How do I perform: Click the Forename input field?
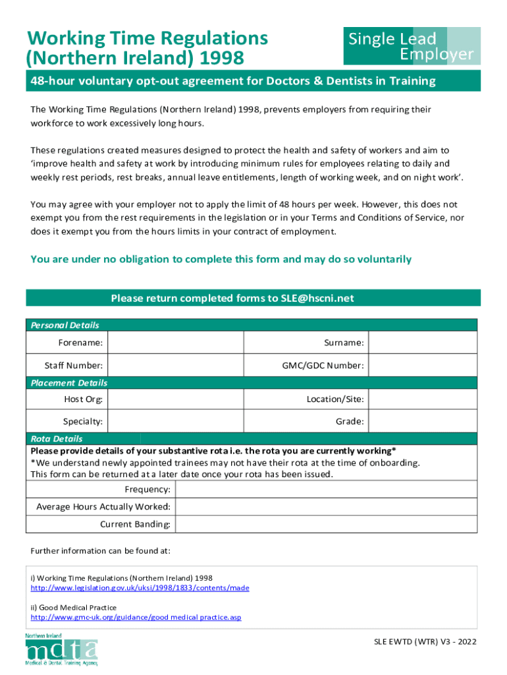click(175, 343)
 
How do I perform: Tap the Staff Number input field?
click(175, 365)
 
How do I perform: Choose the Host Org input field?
click(175, 399)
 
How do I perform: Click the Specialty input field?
click(175, 421)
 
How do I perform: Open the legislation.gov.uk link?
click(140, 587)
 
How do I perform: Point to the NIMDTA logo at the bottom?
click(61, 649)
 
